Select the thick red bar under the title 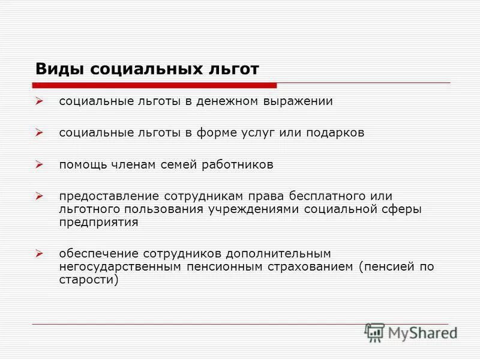pos(156,85)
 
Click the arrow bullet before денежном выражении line pos(40,101)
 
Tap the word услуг pos(258,133)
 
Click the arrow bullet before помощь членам pos(40,165)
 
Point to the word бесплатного pos(329,196)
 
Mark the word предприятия pos(98,222)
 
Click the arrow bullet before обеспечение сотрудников pos(40,254)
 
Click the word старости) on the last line pos(89,280)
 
